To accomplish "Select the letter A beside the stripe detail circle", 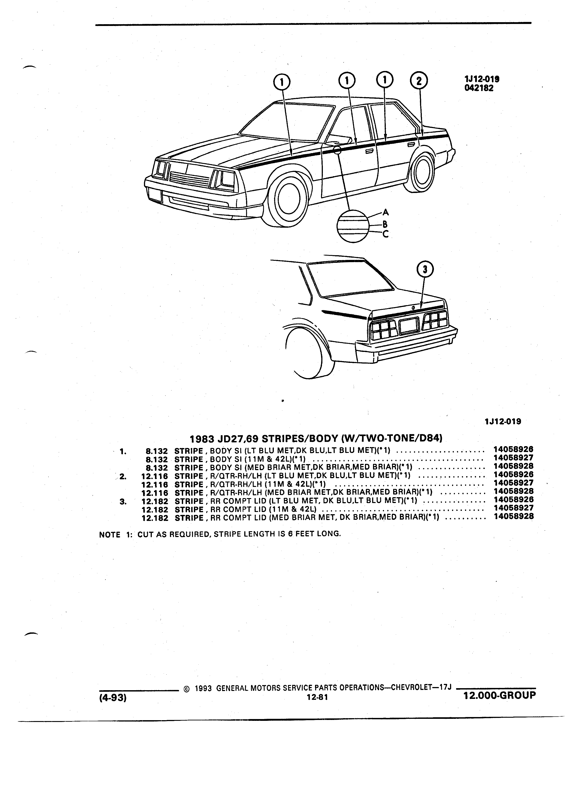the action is point(386,212).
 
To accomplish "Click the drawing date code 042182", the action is point(479,88).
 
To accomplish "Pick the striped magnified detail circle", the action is point(352,226).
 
